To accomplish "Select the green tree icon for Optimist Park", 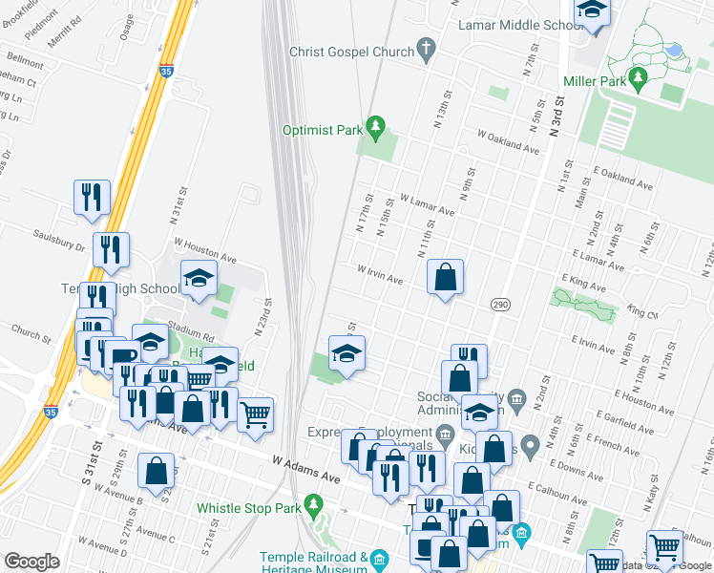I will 376,126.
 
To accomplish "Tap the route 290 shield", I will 499,304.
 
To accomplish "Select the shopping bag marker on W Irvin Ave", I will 446,279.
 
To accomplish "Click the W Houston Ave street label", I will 204,250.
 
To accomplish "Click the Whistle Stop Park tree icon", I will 311,503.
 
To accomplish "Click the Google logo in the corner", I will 31,562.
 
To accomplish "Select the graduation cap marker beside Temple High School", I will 199,279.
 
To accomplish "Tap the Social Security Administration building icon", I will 516,397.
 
